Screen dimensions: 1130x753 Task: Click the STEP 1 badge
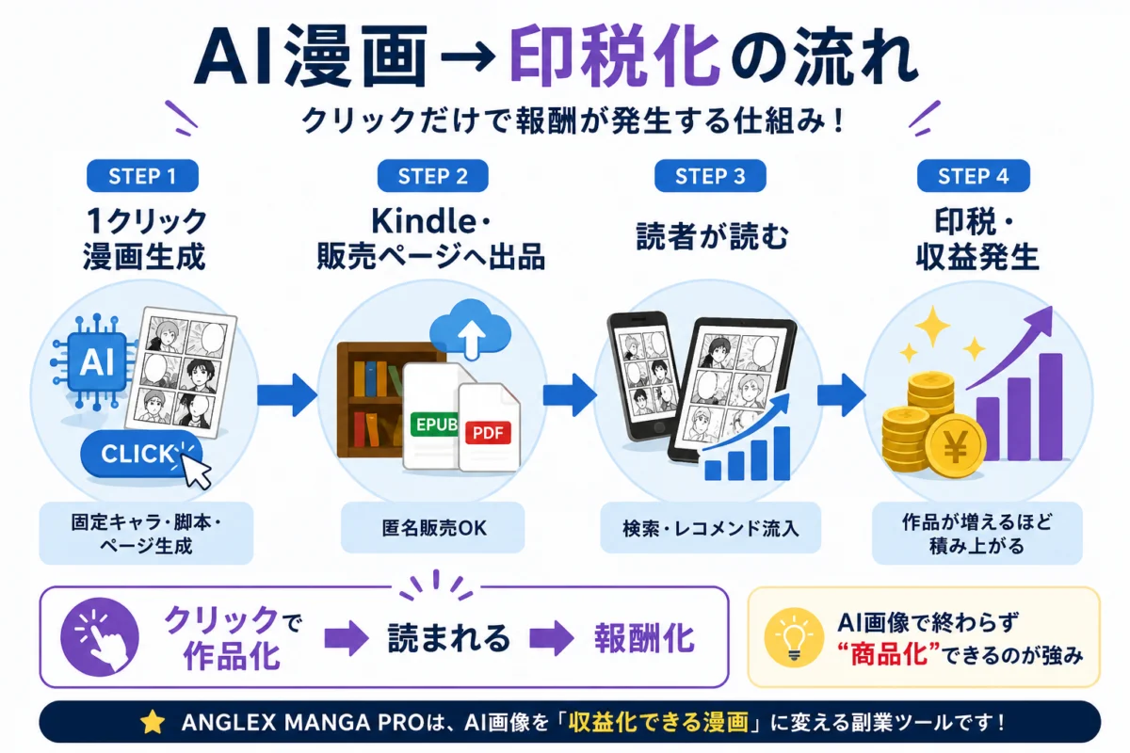pos(142,175)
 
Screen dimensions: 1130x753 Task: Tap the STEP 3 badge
pos(710,175)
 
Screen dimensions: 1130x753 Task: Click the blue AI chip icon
pos(96,361)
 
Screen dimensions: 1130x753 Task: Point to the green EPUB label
pos(435,425)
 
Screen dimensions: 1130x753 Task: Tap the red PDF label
pos(488,433)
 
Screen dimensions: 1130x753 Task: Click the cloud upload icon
pos(470,328)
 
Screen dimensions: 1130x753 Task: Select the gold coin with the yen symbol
pos(955,446)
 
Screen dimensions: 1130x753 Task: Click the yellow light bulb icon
pos(794,637)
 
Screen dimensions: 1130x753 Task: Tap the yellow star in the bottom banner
pos(153,722)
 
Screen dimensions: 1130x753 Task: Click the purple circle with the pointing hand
pos(100,636)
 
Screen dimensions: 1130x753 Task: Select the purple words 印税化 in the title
pos(614,57)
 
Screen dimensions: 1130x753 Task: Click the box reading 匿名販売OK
pos(433,527)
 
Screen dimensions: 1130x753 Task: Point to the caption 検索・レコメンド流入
pos(710,528)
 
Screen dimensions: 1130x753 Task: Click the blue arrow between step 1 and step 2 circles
pos(287,394)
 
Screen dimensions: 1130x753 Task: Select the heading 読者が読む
pos(712,236)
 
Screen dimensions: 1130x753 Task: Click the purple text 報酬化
pos(645,638)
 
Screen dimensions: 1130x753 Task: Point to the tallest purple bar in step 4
pos(1050,407)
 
